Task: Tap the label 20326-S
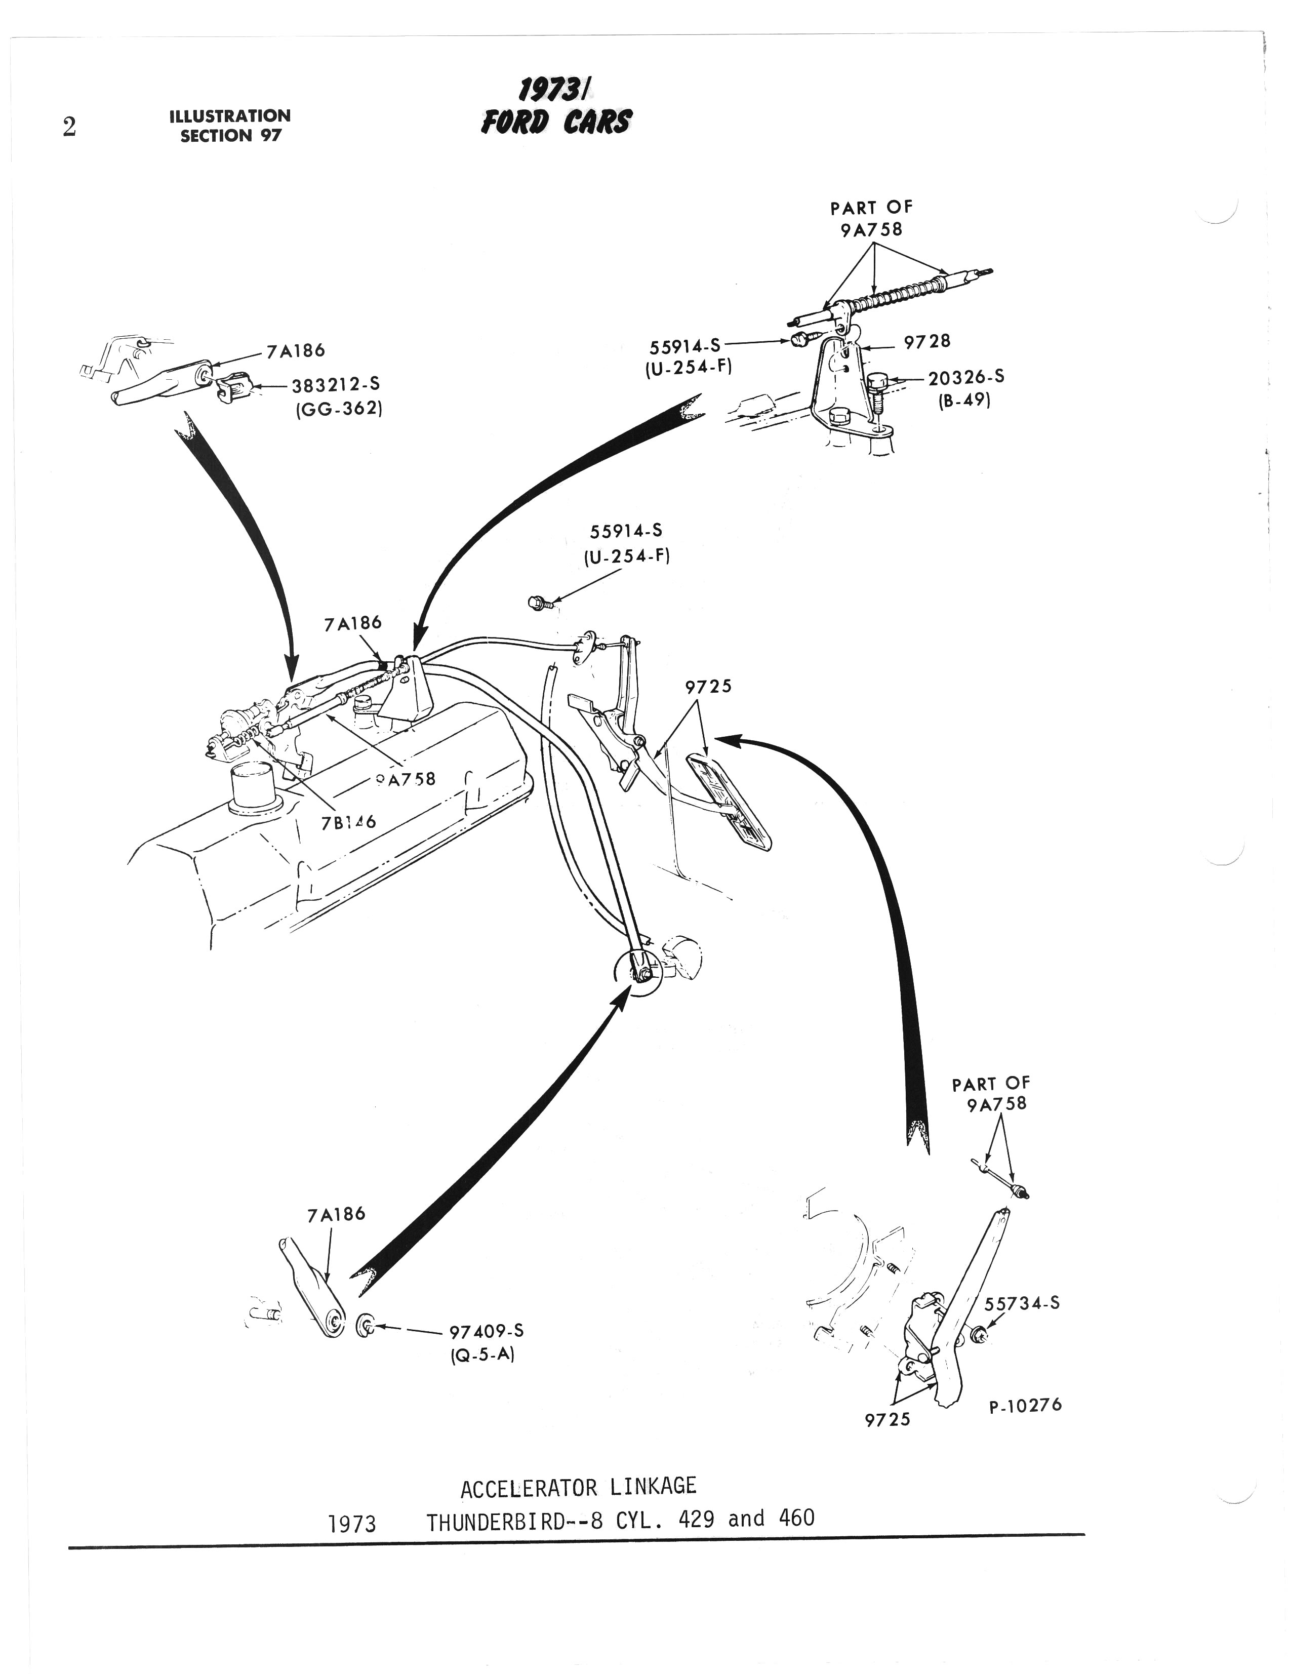966,377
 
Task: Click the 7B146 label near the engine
349,822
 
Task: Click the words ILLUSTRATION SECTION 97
230,126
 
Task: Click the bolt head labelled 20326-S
877,380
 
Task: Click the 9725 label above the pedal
708,687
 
